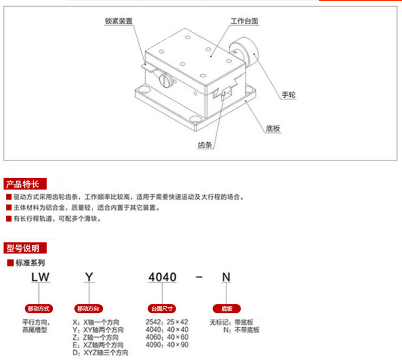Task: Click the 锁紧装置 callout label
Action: click(118, 22)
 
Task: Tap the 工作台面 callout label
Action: click(244, 22)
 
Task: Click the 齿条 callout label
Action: click(205, 145)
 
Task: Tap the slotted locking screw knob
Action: click(166, 79)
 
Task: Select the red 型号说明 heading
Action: click(25, 248)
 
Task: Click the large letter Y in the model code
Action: click(89, 277)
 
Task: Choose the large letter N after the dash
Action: click(226, 277)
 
